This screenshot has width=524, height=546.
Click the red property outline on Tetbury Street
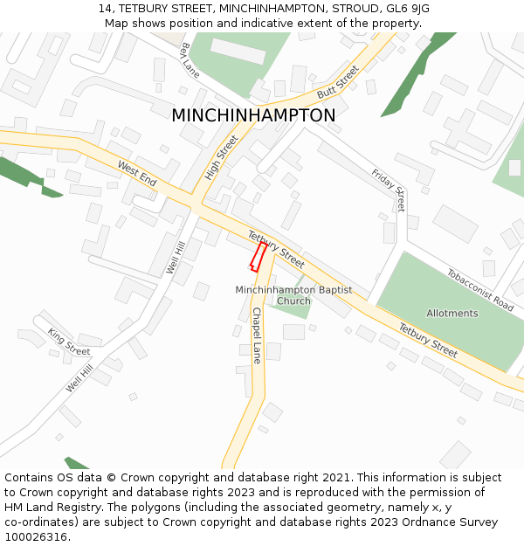coord(259,257)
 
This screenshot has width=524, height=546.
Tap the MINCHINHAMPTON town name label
coord(253,115)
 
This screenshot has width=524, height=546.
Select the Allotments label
coord(452,313)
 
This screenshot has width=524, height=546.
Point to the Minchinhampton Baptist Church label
coord(293,295)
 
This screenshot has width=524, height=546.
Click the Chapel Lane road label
coord(257,335)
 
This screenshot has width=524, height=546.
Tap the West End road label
coord(137,173)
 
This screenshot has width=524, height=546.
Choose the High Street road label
coord(221,158)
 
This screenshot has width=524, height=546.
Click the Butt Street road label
coord(338,82)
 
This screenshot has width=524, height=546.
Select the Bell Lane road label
coord(190,59)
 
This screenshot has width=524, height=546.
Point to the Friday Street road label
coord(389,190)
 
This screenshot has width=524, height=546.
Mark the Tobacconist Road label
coord(480,289)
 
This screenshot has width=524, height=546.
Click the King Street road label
coord(69,341)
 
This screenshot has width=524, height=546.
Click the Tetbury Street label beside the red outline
coord(276,249)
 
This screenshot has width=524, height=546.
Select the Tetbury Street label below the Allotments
coord(428,340)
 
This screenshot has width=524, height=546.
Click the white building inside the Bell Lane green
coord(238,51)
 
